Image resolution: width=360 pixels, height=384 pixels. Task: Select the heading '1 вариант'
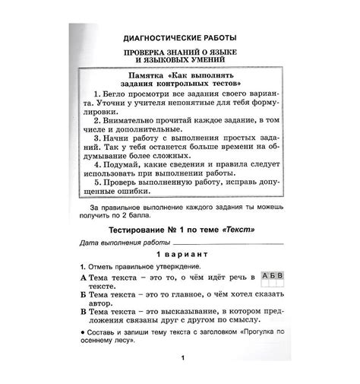[179, 255]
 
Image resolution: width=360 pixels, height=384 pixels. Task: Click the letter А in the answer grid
[265, 275]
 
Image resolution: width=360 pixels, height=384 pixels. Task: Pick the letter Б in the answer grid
[273, 275]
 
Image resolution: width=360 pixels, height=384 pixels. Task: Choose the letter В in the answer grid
[281, 275]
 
